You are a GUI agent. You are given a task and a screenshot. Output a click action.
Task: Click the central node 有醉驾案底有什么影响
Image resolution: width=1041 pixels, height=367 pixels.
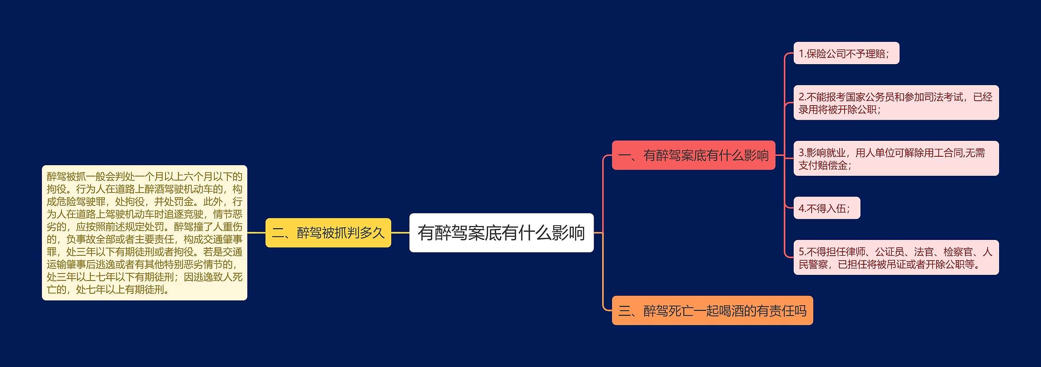click(x=501, y=233)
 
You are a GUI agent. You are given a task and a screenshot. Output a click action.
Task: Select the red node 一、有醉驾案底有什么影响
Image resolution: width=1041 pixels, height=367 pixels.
click(x=693, y=155)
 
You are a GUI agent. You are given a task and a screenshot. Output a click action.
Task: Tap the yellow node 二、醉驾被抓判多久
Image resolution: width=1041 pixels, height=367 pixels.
click(x=328, y=233)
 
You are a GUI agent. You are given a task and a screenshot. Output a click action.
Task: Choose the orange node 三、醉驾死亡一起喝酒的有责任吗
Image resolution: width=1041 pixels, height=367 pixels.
click(x=712, y=311)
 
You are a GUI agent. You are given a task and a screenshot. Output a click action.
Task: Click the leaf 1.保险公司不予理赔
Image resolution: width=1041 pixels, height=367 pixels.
click(x=846, y=53)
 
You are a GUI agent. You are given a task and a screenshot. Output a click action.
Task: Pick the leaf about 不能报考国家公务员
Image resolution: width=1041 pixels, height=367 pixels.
click(x=896, y=103)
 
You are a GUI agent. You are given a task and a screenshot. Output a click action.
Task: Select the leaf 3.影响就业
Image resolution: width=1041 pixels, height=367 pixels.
click(x=896, y=158)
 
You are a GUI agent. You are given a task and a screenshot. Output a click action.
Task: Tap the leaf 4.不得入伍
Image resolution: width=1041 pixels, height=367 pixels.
click(x=826, y=208)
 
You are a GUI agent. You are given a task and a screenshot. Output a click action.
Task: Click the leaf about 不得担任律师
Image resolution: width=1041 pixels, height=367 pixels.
click(x=896, y=257)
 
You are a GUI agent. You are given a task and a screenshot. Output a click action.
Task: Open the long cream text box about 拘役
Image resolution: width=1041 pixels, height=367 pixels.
click(x=144, y=233)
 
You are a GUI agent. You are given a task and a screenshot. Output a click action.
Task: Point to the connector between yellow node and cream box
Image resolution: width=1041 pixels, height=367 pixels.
click(x=256, y=233)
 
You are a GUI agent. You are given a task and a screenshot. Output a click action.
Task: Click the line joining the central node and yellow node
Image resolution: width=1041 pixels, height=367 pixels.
click(x=400, y=233)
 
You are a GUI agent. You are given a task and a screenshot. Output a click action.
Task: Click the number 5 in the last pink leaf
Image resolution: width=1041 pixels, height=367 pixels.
click(x=801, y=252)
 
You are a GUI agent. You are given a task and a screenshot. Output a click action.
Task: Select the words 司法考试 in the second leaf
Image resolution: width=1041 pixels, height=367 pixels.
click(x=943, y=97)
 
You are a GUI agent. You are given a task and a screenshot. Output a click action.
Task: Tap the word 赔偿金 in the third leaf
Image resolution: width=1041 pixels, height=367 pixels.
click(x=833, y=165)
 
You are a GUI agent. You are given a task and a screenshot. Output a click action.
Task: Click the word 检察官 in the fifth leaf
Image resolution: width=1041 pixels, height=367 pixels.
click(x=958, y=252)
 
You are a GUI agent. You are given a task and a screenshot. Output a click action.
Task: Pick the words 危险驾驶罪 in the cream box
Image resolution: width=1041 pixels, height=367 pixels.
click(x=81, y=202)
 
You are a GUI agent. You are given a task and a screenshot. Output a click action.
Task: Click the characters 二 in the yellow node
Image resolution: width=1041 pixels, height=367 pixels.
click(x=278, y=233)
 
